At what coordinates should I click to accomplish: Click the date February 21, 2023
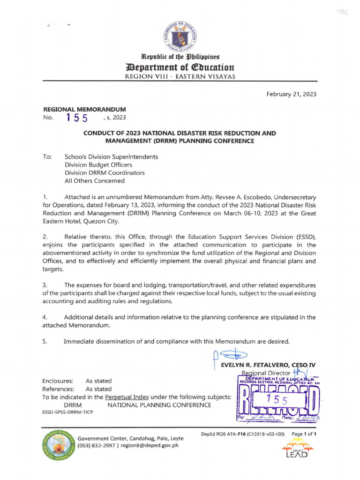(291, 94)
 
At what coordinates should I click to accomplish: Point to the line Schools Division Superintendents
(111, 157)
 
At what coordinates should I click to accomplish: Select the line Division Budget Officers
(98, 165)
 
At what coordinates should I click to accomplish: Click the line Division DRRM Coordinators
(105, 172)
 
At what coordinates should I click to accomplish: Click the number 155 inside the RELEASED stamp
(277, 399)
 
